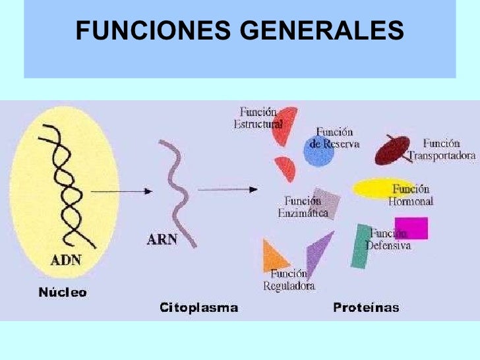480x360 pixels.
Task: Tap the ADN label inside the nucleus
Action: click(x=66, y=259)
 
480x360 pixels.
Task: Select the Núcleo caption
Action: click(x=61, y=291)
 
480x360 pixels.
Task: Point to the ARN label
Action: click(x=162, y=239)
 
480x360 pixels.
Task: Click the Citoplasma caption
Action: click(x=198, y=307)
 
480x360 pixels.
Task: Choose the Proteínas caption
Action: click(x=366, y=307)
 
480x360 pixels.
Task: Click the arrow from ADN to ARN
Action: click(x=120, y=191)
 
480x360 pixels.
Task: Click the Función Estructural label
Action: click(x=258, y=118)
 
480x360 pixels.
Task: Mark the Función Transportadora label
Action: click(x=440, y=150)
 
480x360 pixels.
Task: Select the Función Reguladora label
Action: click(x=289, y=280)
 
